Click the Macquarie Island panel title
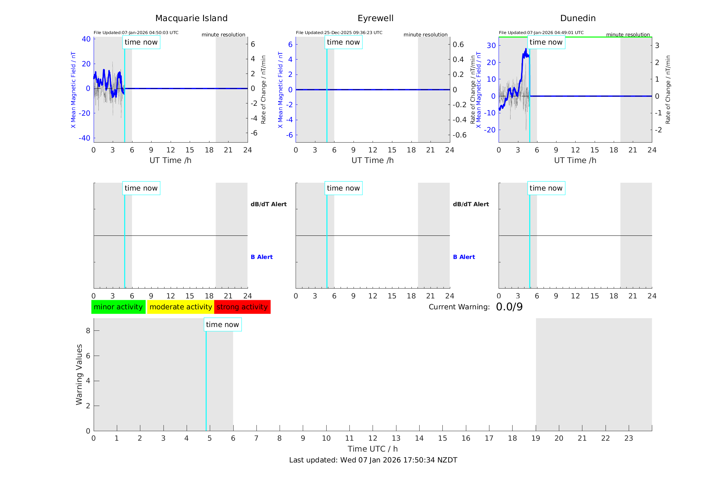(x=191, y=18)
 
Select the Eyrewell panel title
(x=375, y=18)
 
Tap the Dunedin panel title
(x=578, y=18)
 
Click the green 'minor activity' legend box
(x=118, y=307)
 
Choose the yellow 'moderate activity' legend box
(x=181, y=307)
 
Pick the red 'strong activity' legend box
(x=242, y=307)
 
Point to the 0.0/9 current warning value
(x=509, y=307)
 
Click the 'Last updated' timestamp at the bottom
(x=373, y=460)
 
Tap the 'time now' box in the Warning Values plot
(x=222, y=325)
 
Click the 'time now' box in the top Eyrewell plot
(x=343, y=42)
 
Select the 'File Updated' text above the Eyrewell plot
(x=339, y=33)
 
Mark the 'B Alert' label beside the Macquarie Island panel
(x=262, y=257)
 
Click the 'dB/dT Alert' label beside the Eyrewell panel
(x=471, y=204)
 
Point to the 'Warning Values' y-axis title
(x=79, y=374)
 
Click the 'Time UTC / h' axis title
(x=373, y=449)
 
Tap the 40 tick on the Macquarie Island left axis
(x=86, y=39)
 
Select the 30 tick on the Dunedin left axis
(x=491, y=46)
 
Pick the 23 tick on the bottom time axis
(x=628, y=438)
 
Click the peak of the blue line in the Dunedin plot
(x=526, y=49)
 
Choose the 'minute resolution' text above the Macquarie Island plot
(x=223, y=35)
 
